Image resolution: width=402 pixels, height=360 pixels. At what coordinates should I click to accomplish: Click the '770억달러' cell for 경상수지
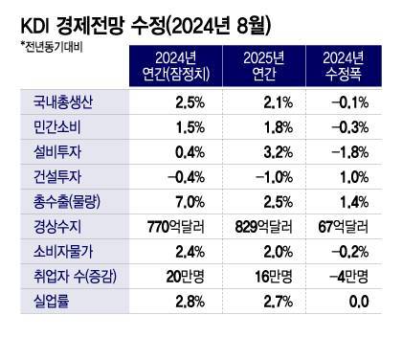click(176, 226)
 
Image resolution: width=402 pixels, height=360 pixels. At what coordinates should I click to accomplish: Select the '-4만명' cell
click(348, 276)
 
